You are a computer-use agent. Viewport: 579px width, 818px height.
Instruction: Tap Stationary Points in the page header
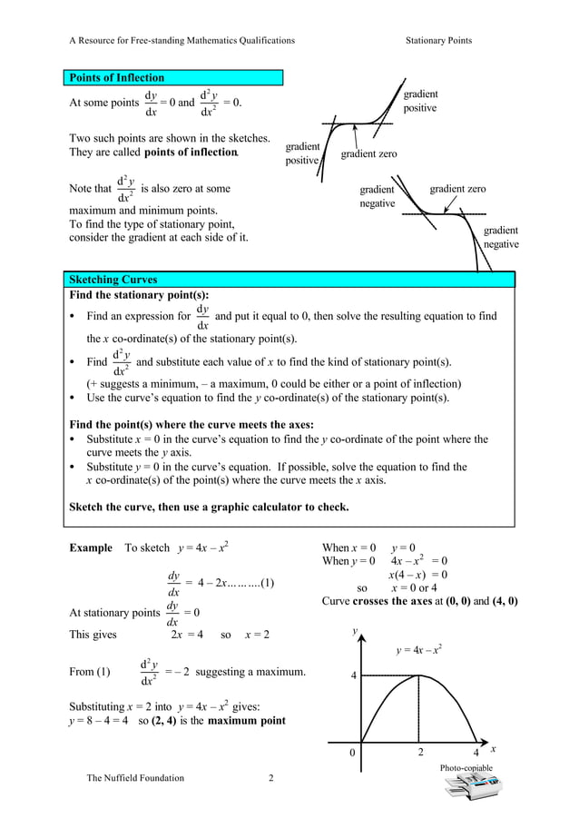438,40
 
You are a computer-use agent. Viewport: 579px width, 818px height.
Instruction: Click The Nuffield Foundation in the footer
135,778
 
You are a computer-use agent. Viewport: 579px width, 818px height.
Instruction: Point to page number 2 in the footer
270,778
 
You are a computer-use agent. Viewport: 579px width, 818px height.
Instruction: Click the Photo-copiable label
466,768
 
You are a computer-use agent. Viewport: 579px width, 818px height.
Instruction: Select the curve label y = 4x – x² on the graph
419,650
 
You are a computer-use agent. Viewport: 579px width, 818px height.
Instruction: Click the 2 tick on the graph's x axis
420,752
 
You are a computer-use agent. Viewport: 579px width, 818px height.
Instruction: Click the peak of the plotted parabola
419,676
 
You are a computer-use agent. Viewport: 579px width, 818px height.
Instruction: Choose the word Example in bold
91,547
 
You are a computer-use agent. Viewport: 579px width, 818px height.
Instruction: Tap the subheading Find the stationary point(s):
139,295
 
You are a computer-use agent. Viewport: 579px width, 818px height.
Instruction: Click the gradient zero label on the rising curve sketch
368,154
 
